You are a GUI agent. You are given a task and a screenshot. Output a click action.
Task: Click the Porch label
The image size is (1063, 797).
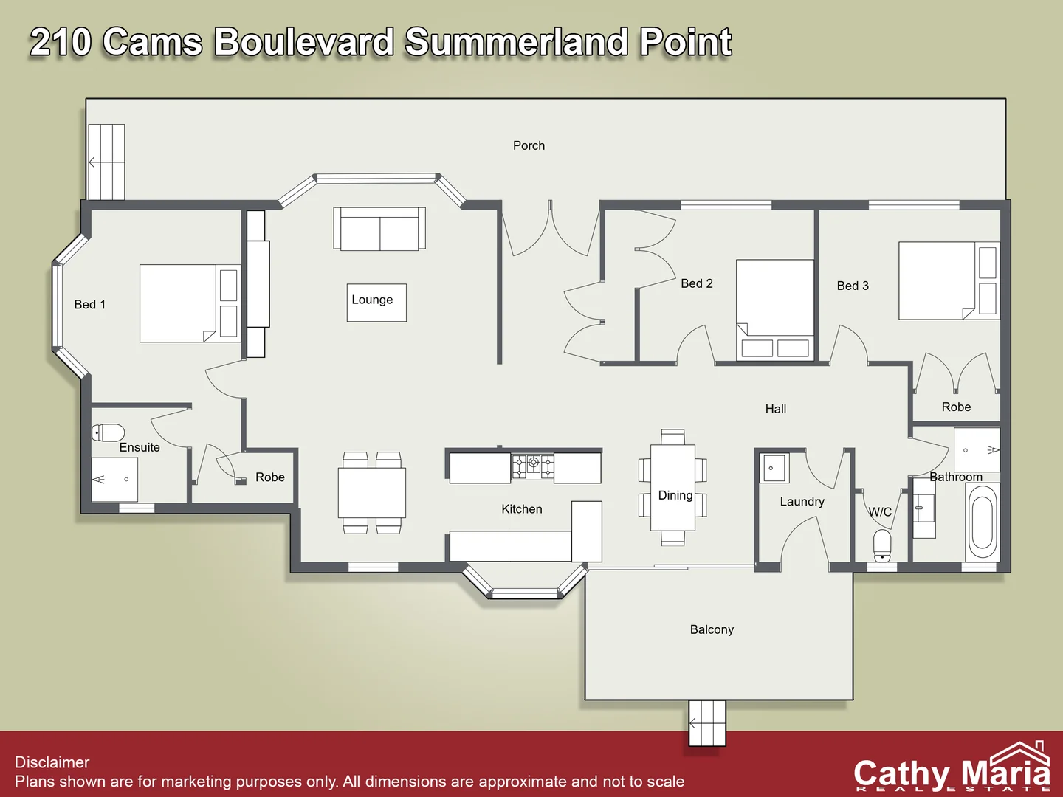pos(529,145)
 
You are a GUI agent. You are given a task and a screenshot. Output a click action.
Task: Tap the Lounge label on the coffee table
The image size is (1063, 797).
pos(372,300)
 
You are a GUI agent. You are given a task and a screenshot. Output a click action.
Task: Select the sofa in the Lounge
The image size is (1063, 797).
pos(379,230)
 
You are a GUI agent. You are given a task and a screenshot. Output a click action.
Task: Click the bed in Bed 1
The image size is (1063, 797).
pos(190,303)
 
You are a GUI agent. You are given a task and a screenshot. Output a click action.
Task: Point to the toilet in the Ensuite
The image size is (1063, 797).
pos(109,432)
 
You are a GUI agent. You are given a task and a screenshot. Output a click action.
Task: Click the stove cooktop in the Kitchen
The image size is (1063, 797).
pos(532,466)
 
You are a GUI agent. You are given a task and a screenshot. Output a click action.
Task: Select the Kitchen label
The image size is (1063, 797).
pos(521,509)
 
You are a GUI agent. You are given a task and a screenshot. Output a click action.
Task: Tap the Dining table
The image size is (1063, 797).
pos(672,487)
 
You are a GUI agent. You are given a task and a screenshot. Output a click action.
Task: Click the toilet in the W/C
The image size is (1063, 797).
pos(882,545)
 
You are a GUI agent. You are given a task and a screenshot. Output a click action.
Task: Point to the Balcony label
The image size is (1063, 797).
pos(712,629)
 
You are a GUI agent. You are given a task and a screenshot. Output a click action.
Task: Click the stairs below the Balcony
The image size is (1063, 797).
pos(707,722)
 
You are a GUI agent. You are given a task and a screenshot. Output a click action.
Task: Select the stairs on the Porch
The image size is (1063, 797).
pos(106,162)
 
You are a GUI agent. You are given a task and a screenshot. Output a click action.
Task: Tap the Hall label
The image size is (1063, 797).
pos(775,409)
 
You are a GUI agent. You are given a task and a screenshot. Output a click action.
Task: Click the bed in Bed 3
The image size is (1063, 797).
pos(949,280)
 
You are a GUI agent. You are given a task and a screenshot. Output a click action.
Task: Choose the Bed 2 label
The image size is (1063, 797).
pos(696,283)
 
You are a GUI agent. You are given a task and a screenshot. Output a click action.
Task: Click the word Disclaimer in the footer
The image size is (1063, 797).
pos(52,762)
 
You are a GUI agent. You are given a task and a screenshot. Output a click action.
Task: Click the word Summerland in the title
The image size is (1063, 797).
pos(516,42)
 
